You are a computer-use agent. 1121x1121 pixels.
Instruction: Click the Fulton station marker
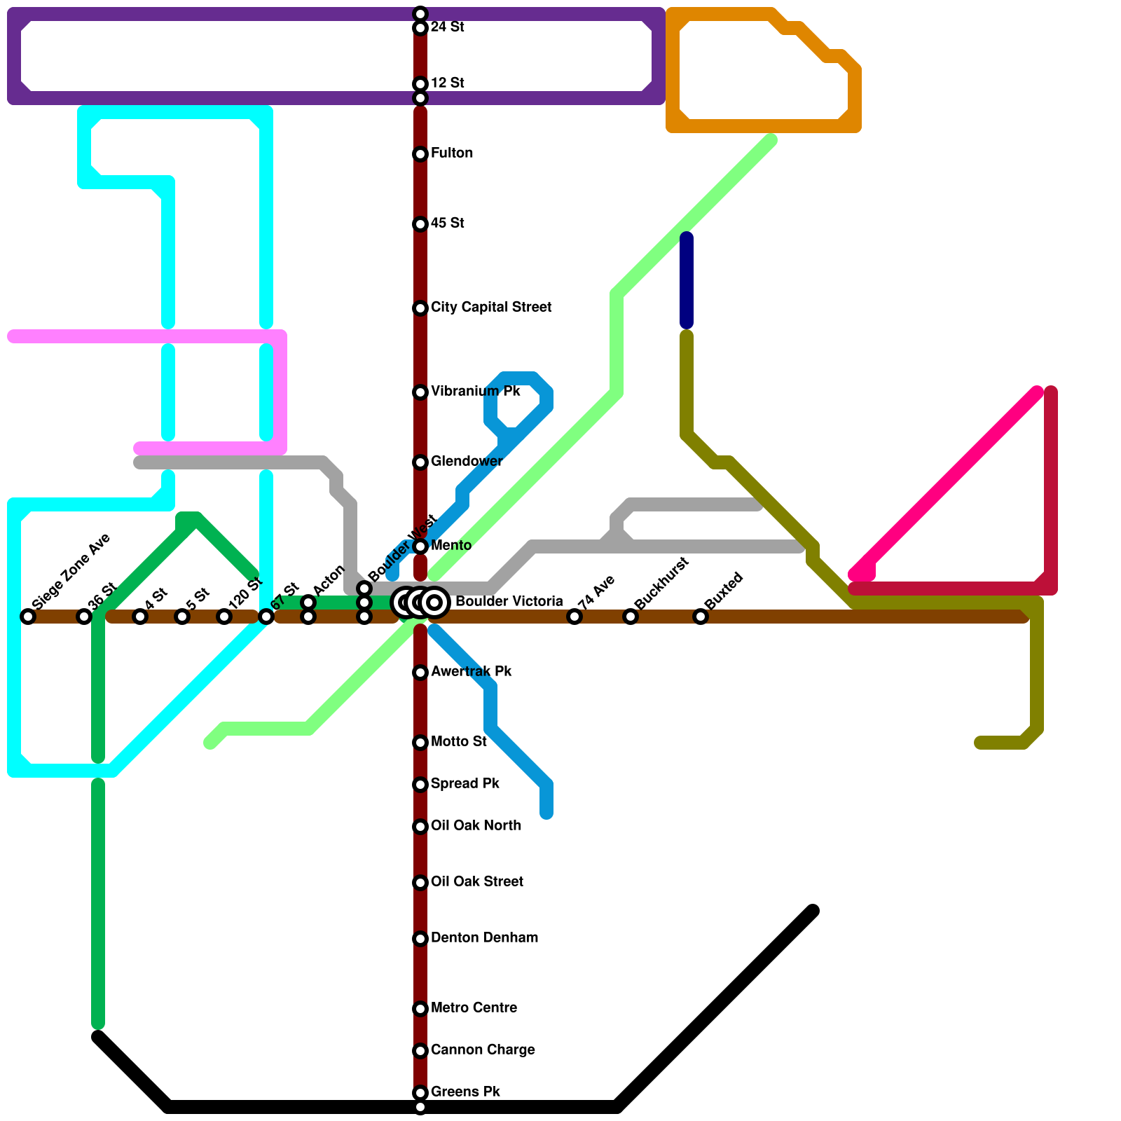420,154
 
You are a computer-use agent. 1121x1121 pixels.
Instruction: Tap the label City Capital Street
490,308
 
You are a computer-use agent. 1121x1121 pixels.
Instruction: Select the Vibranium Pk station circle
420,392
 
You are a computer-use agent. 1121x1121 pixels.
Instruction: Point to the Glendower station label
467,462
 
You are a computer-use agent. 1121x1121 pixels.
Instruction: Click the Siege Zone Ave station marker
28,617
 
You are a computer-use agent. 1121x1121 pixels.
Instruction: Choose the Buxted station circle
701,617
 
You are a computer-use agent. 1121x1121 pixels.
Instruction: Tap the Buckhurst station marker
631,617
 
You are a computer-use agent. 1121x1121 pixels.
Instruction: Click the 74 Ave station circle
575,617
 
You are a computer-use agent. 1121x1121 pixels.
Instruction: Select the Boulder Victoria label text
509,602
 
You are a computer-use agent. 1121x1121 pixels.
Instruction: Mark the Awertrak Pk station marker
420,673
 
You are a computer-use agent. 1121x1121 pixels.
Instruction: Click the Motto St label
459,742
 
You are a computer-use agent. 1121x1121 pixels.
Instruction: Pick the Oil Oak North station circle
420,827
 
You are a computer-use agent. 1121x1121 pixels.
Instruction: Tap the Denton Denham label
484,938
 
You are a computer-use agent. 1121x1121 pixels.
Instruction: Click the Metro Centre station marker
420,1009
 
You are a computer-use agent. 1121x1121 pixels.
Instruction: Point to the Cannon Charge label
483,1050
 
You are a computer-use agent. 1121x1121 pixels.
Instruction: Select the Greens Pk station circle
420,1093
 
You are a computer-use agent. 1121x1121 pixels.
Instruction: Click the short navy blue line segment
687,280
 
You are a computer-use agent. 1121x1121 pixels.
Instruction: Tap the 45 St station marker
420,224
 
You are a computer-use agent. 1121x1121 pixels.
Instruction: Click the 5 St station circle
182,617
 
